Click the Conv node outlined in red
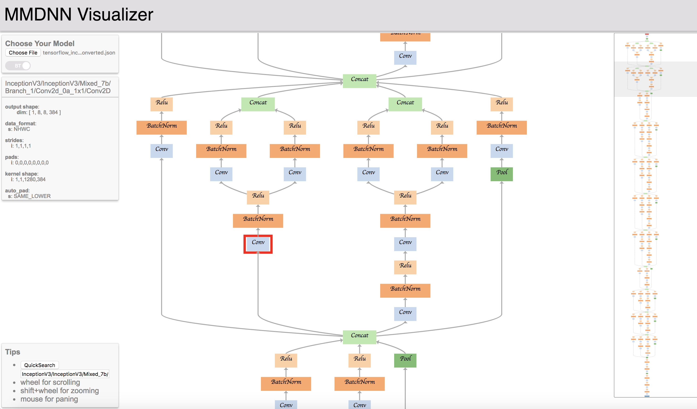click(258, 244)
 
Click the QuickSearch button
click(40, 365)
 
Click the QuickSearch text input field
click(65, 374)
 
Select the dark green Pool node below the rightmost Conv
click(502, 174)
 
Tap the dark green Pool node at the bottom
click(405, 360)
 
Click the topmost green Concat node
click(359, 81)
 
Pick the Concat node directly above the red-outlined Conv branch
click(258, 104)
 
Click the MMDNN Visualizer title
click(79, 14)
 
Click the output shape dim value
click(39, 112)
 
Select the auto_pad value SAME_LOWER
click(32, 196)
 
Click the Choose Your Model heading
click(40, 43)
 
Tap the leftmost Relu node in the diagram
click(161, 104)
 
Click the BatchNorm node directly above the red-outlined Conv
click(258, 220)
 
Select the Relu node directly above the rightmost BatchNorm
click(502, 104)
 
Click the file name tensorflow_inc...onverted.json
click(79, 53)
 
